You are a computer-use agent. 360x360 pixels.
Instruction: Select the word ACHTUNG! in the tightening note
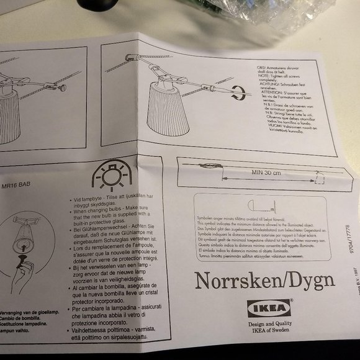point(269,83)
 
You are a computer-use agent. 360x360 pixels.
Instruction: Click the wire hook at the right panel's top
point(129,57)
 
